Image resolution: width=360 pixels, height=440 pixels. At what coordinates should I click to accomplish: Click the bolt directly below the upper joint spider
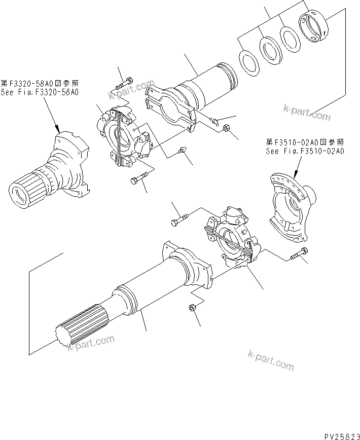[x=139, y=179]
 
